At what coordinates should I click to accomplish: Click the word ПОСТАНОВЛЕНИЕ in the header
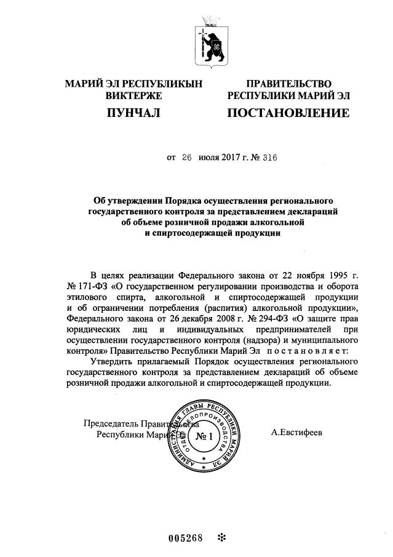288,113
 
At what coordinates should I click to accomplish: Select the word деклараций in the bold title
304,212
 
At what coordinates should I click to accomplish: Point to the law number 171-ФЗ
88,287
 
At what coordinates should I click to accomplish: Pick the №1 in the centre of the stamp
202,437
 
